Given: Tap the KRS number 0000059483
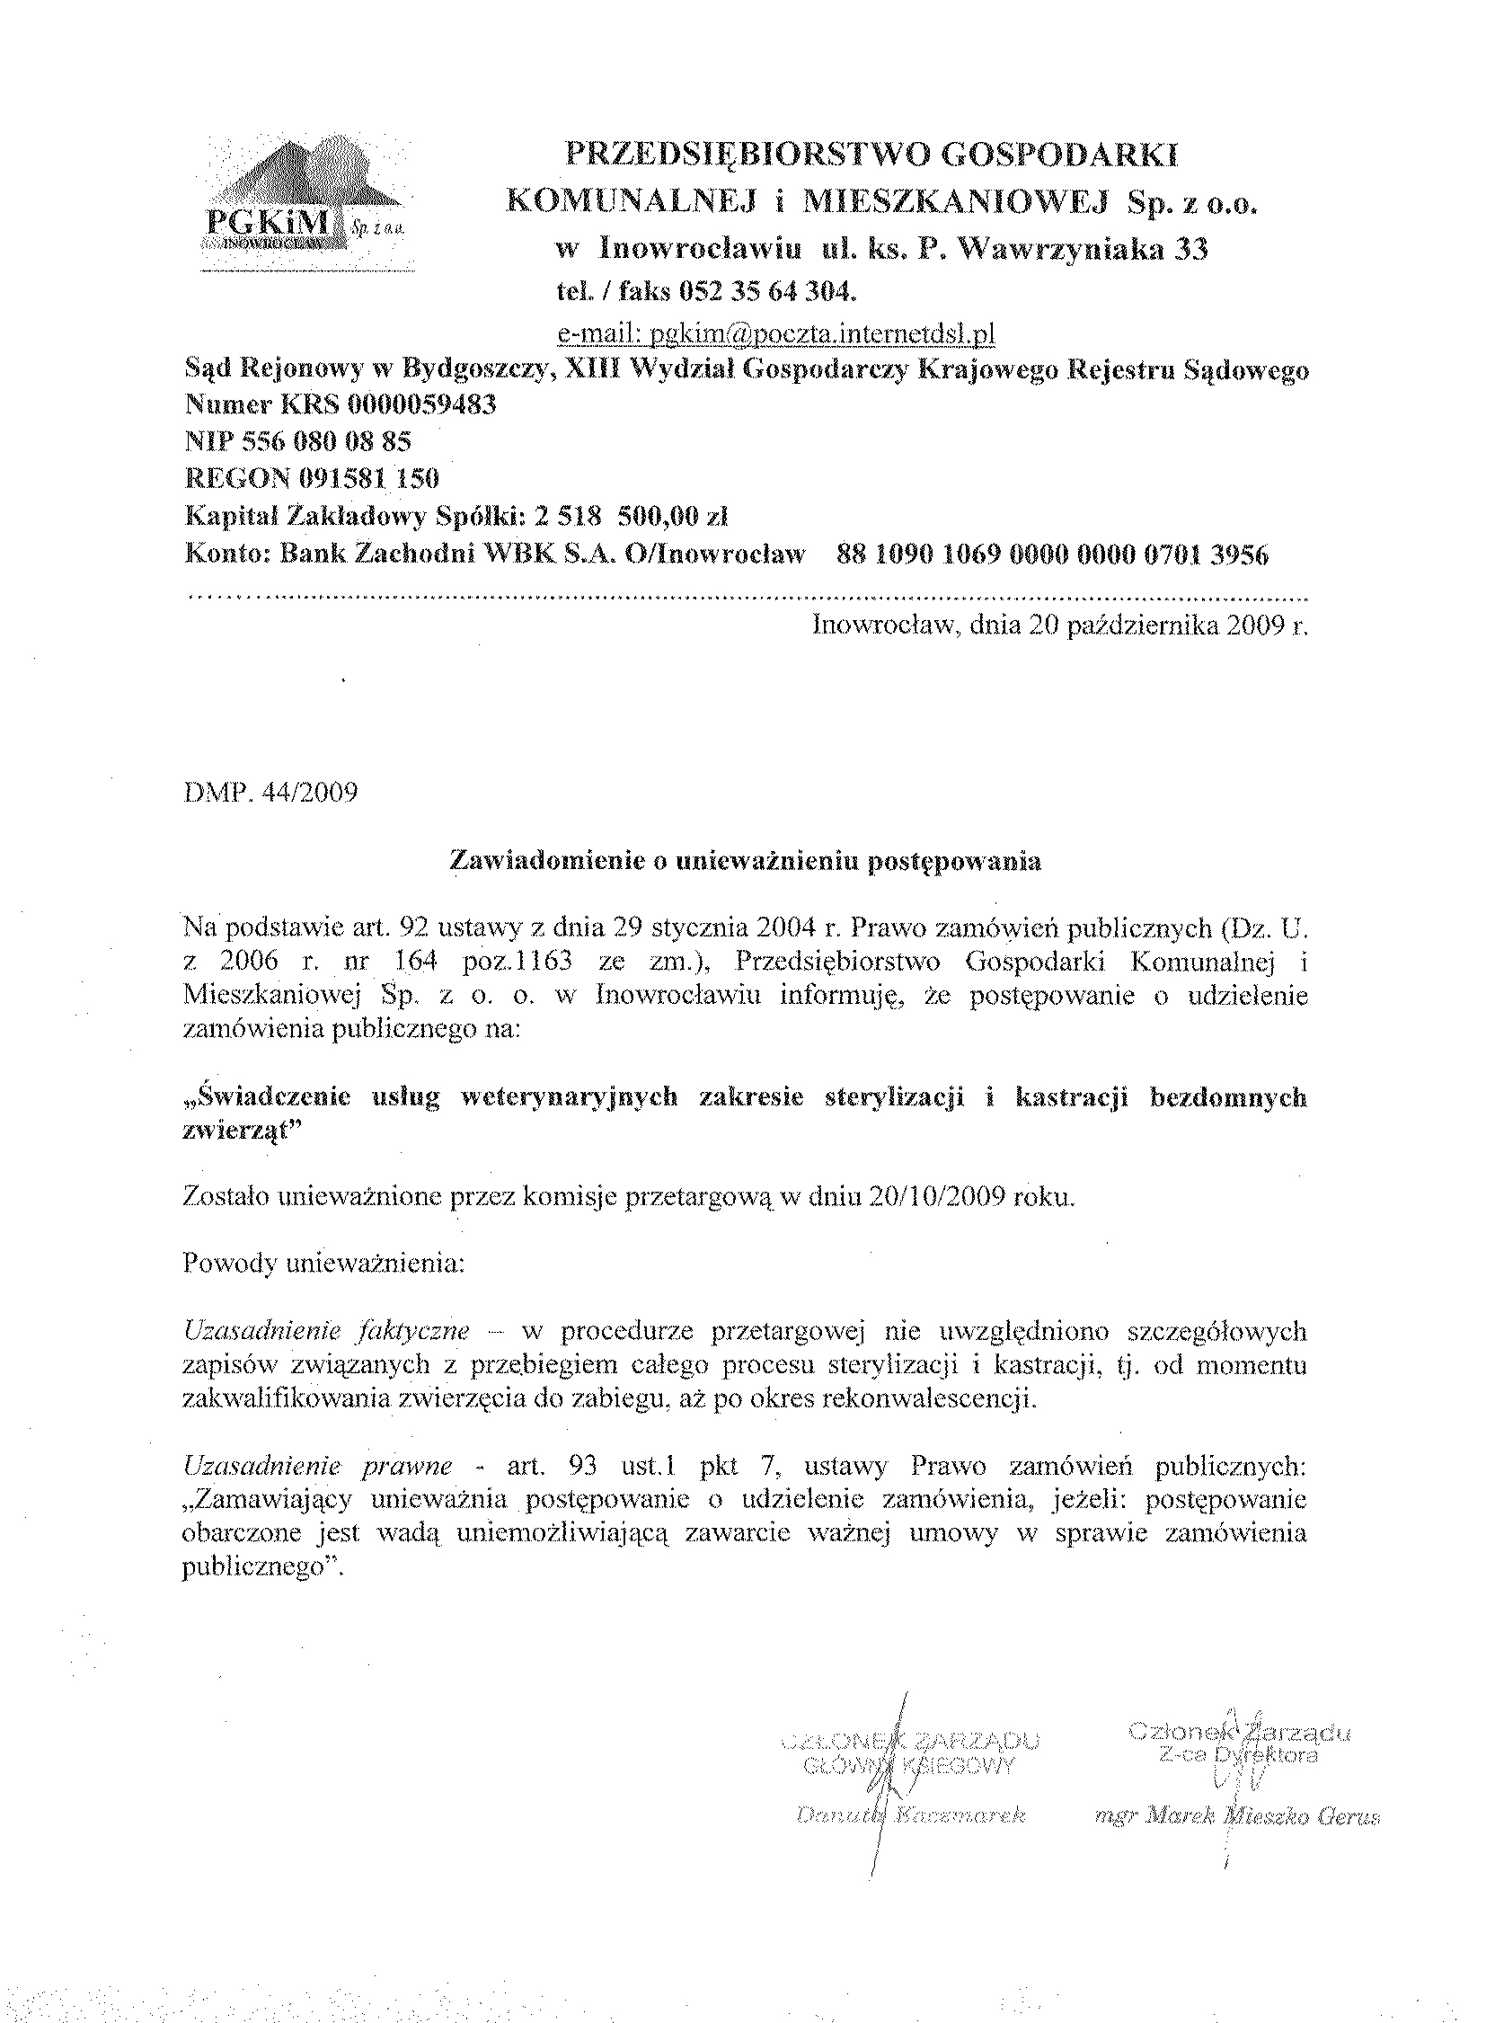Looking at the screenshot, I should coord(400,404).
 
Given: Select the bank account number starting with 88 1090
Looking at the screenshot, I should coord(1052,554).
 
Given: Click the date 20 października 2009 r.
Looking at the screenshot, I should coord(1165,625).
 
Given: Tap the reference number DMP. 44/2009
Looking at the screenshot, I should coord(270,793).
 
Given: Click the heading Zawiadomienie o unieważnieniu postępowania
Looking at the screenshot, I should coord(746,862).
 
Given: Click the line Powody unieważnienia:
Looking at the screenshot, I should coord(323,1264).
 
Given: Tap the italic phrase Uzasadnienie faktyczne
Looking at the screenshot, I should coord(326,1332).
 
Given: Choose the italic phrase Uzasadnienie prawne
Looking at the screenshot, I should coord(317,1466).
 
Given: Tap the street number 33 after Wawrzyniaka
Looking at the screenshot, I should coord(1191,249).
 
